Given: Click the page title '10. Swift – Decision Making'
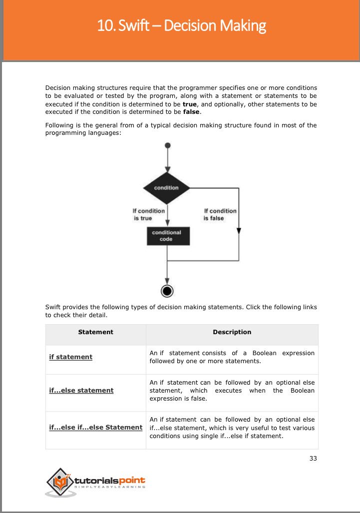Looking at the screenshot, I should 182,25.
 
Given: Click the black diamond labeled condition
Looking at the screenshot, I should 167,188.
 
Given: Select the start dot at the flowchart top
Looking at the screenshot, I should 167,145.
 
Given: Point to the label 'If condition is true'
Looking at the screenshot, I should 149,214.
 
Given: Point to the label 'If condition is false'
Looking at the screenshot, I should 220,214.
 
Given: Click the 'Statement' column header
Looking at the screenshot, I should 95,332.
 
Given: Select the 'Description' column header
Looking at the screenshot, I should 232,332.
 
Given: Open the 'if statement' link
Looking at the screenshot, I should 70,357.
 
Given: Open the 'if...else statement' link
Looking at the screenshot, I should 81,390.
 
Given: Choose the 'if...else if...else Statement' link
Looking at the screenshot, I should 95,427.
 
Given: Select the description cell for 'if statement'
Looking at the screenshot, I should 232,357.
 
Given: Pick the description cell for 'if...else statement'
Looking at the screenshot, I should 232,391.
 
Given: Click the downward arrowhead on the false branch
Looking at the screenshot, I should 239,230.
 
